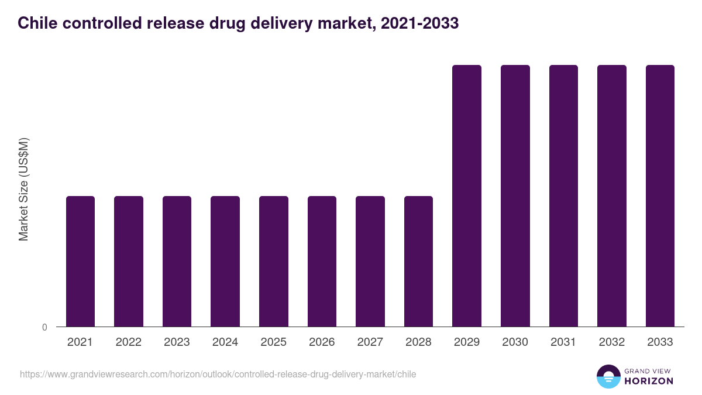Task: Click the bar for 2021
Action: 80,261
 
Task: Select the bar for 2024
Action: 225,261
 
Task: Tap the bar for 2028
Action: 418,261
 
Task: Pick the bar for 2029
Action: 467,195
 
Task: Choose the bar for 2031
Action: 563,195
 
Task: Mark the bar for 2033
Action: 660,195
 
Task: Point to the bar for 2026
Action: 322,261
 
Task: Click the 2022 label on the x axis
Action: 129,342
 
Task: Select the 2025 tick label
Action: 274,342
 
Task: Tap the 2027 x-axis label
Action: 370,342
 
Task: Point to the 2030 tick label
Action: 515,342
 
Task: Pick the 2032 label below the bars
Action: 612,342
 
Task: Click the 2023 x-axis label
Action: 177,342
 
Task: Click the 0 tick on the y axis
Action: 44,327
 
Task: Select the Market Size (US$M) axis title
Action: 23,190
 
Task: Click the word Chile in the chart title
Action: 37,23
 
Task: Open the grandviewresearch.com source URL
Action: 218,374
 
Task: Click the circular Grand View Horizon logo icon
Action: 608,376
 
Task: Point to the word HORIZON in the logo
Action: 649,381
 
